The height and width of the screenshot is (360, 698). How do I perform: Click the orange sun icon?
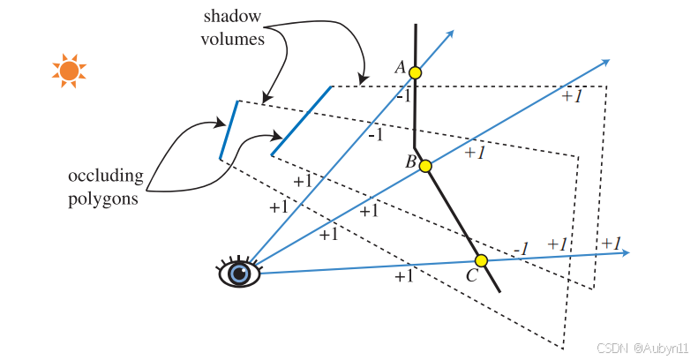pyautogui.click(x=69, y=70)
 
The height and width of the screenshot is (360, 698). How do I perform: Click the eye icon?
pyautogui.click(x=238, y=273)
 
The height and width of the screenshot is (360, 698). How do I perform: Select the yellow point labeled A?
pyautogui.click(x=416, y=73)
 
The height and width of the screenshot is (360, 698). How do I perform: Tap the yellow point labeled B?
pyautogui.click(x=425, y=166)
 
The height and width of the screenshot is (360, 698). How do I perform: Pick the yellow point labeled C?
pyautogui.click(x=481, y=260)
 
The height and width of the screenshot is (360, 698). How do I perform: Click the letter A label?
pyautogui.click(x=400, y=67)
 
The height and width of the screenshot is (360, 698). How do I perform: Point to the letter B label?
pyautogui.click(x=410, y=161)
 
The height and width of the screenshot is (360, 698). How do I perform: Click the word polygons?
pyautogui.click(x=103, y=199)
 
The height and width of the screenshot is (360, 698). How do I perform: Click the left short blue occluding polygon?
pyautogui.click(x=228, y=131)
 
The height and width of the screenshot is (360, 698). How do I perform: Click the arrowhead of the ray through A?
pyautogui.click(x=450, y=34)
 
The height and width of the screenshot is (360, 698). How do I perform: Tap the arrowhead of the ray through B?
pyautogui.click(x=605, y=62)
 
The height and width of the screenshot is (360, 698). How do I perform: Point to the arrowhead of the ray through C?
pyautogui.click(x=625, y=253)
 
